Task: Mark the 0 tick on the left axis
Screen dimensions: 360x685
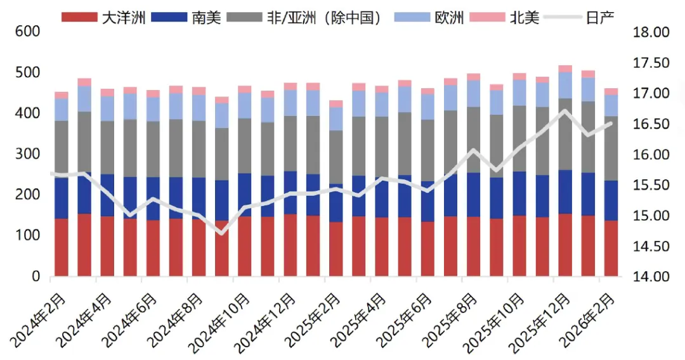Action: point(36,277)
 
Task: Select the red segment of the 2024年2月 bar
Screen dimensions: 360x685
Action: point(62,247)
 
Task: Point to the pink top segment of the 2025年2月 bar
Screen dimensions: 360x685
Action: point(336,103)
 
